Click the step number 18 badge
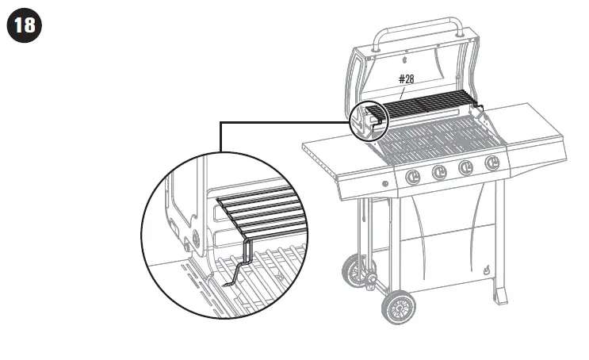pyautogui.click(x=25, y=25)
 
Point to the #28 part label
pyautogui.click(x=406, y=79)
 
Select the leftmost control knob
pyautogui.click(x=412, y=177)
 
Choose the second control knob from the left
pyautogui.click(x=439, y=172)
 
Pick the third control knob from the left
pyautogui.click(x=466, y=167)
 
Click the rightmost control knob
pyautogui.click(x=492, y=163)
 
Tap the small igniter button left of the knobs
pyautogui.click(x=385, y=185)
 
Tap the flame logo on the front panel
pyautogui.click(x=485, y=270)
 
